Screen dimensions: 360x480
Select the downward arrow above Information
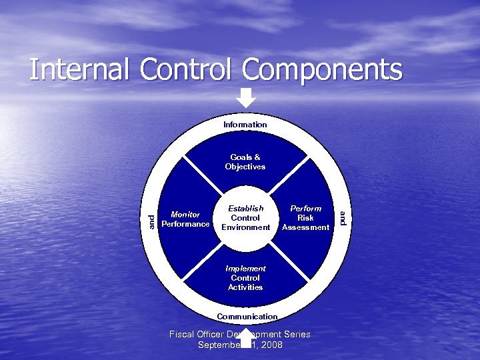tap(246, 98)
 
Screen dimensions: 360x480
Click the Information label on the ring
tap(245, 125)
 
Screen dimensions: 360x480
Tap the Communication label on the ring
tap(247, 316)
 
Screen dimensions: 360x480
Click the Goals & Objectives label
tap(245, 162)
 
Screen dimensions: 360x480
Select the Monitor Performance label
tap(185, 219)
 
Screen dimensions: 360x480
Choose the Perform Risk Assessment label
tap(306, 218)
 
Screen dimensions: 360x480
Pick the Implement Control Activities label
tap(246, 278)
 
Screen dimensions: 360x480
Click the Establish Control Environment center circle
tap(245, 218)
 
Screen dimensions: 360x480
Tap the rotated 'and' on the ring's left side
tap(153, 221)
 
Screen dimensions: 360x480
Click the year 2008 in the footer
tap(271, 345)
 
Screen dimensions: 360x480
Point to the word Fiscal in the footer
tap(183, 334)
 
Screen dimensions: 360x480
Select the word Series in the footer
tap(296, 334)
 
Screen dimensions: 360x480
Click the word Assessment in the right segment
tap(306, 227)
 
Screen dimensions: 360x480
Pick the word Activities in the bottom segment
tap(246, 287)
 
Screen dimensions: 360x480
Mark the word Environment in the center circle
tap(245, 227)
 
